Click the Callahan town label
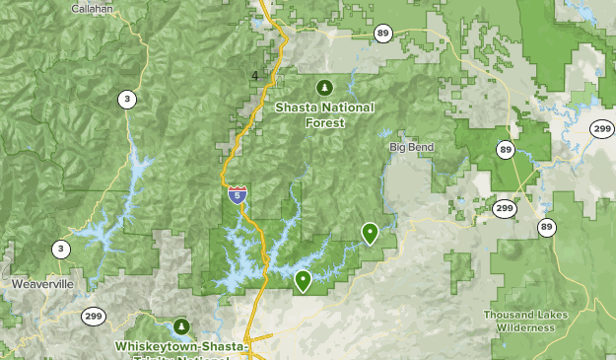[93, 8]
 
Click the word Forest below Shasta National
[324, 123]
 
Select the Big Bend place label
[411, 147]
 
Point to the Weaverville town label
[42, 283]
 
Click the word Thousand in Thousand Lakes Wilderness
[509, 315]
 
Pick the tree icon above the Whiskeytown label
[180, 325]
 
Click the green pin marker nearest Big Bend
[370, 233]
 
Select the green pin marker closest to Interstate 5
[303, 281]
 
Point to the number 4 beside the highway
[255, 75]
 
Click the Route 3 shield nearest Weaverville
[60, 250]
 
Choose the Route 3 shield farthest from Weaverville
[126, 99]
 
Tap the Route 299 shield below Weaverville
[95, 317]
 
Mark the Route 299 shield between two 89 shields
[505, 209]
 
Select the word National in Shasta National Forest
[348, 108]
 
